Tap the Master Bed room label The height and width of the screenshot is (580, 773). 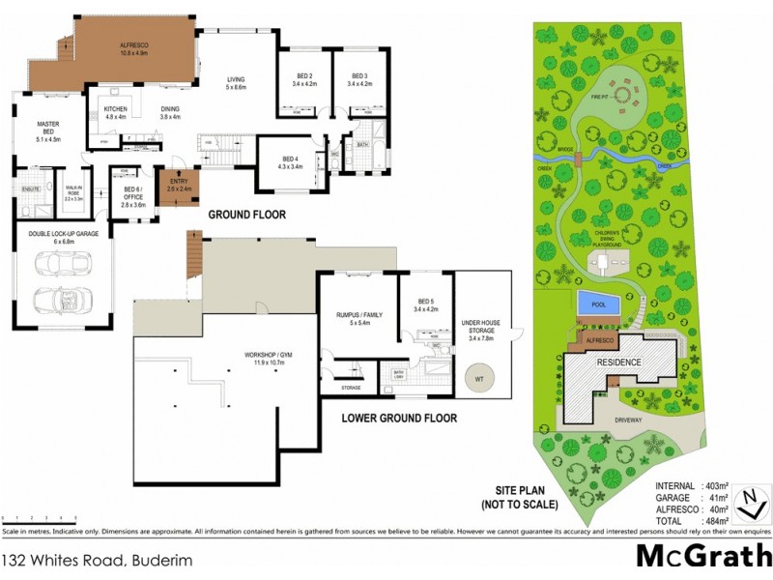point(48,131)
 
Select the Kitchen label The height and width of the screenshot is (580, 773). point(115,113)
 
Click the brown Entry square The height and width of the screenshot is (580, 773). point(178,184)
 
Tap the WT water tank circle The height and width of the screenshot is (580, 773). point(477,379)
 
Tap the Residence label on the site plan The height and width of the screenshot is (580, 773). point(618,362)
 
